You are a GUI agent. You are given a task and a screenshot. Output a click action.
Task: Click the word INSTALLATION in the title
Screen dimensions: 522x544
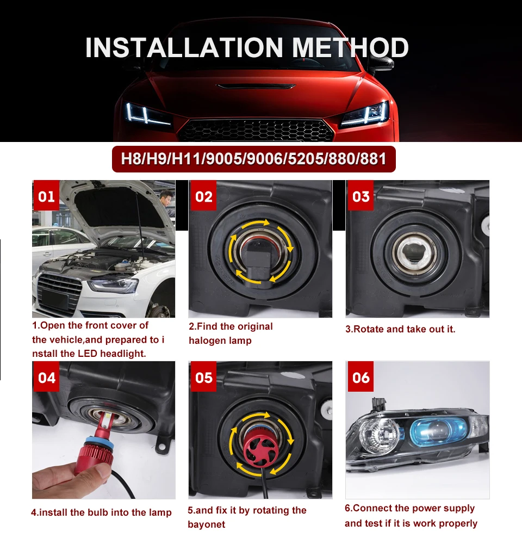coord(184,47)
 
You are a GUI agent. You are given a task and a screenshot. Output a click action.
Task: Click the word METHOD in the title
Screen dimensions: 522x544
coord(350,47)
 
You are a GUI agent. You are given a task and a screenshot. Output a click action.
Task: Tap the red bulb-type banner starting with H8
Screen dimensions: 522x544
coord(253,159)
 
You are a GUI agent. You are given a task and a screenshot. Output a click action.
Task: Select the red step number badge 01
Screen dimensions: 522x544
coord(46,196)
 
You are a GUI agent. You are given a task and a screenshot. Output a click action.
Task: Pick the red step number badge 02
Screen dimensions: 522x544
coord(203,196)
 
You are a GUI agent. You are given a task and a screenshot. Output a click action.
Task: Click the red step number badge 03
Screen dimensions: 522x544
coord(361,196)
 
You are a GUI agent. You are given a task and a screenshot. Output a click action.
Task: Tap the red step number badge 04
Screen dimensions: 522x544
coord(46,377)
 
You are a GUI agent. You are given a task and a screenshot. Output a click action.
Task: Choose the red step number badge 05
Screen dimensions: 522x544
coord(203,377)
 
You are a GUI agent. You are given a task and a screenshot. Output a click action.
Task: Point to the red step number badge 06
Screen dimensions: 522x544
coord(361,377)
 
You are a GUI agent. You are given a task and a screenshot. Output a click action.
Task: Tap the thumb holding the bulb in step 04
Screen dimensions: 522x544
coord(91,471)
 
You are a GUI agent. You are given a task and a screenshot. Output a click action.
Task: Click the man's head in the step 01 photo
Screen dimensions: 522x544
coord(166,195)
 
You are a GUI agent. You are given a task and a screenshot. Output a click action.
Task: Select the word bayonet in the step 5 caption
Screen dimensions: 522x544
coord(207,524)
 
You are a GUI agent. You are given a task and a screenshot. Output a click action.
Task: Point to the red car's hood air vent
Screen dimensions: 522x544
coord(256,86)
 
